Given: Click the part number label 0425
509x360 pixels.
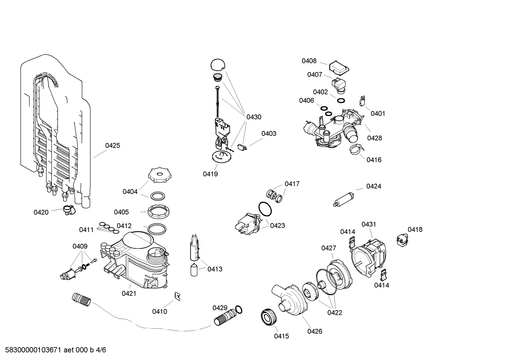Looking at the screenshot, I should [x=113, y=145].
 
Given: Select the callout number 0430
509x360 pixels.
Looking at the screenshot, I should [x=254, y=117].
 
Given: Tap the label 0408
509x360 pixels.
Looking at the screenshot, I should [x=309, y=61].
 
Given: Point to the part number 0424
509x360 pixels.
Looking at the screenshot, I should [x=373, y=186].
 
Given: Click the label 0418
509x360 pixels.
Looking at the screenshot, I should [x=415, y=229].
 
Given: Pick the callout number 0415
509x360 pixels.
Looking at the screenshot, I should [x=281, y=336].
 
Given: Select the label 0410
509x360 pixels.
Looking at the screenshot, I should [x=160, y=311].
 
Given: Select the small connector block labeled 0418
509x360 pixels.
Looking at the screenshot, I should [x=401, y=240].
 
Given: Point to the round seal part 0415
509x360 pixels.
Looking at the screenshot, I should [x=269, y=317].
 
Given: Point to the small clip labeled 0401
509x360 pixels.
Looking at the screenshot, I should [x=361, y=101].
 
